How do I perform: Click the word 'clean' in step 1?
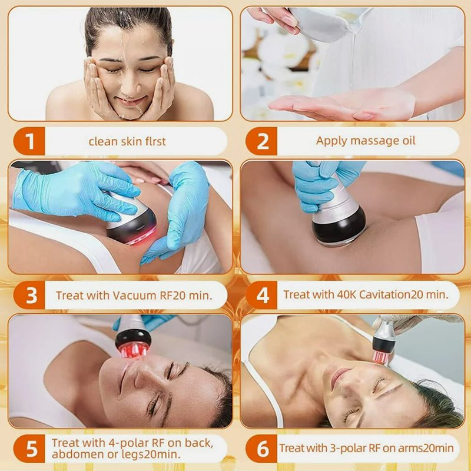[x=101, y=141]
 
